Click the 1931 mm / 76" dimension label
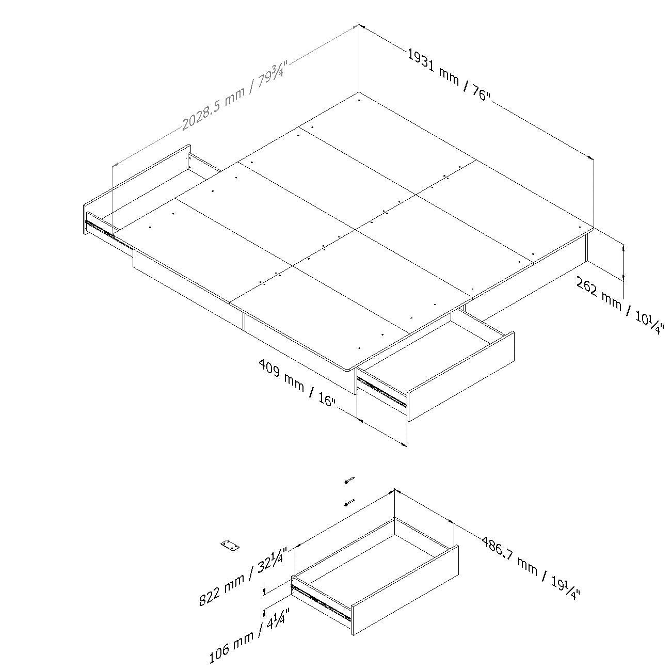tap(449, 75)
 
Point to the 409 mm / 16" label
tap(297, 382)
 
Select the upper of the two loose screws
tap(349, 480)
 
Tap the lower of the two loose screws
tap(349, 502)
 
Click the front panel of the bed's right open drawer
tap(461, 376)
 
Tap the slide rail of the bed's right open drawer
tap(382, 392)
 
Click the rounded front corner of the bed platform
tap(348, 369)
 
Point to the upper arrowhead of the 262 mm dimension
tap(623, 248)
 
